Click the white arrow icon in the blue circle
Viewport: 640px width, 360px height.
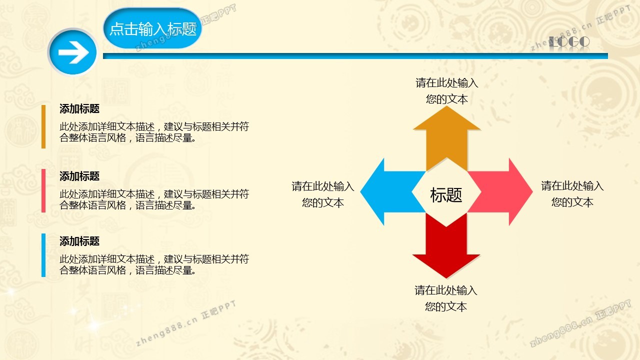pyautogui.click(x=73, y=52)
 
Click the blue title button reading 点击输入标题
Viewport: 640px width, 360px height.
pyautogui.click(x=152, y=28)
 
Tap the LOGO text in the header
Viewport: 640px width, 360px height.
pyautogui.click(x=569, y=42)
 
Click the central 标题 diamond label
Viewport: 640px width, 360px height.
pyautogui.click(x=446, y=195)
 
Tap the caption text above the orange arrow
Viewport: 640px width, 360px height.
pyautogui.click(x=447, y=91)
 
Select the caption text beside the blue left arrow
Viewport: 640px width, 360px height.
pyautogui.click(x=323, y=194)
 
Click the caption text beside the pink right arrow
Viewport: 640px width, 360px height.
pyautogui.click(x=572, y=193)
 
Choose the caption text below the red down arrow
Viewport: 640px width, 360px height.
pyautogui.click(x=446, y=298)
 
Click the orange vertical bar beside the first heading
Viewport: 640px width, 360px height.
pyautogui.click(x=43, y=127)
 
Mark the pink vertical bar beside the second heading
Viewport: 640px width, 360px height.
pyautogui.click(x=43, y=190)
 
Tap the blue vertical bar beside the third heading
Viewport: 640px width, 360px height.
pyautogui.click(x=43, y=255)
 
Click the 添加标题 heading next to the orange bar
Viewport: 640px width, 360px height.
pyautogui.click(x=79, y=109)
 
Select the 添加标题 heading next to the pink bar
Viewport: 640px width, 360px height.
pyautogui.click(x=79, y=176)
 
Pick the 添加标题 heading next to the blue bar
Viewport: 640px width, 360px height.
pyautogui.click(x=79, y=241)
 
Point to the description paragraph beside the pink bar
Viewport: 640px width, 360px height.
pyautogui.click(x=154, y=199)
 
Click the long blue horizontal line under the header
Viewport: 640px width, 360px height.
pyautogui.click(x=355, y=56)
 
